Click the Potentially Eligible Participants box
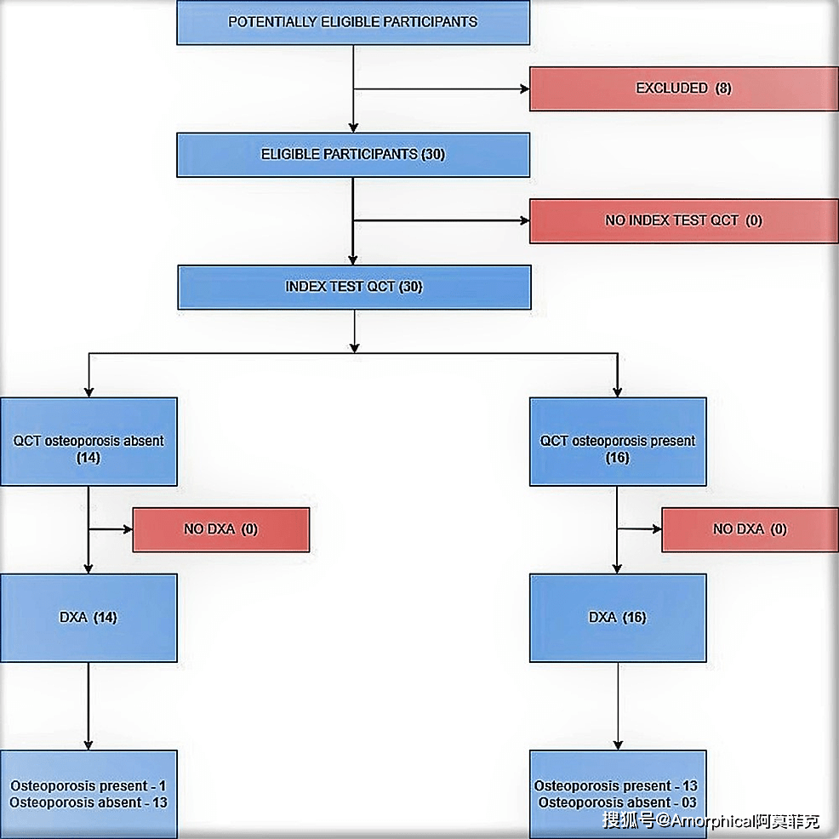pos(353,22)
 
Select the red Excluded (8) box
pos(683,88)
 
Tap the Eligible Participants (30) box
pos(353,155)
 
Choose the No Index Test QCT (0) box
pos(683,220)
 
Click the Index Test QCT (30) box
pos(354,287)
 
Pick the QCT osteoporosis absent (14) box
pos(88,442)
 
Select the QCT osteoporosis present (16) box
pos(618,442)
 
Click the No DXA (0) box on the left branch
pos(220,529)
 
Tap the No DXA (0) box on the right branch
pos(750,529)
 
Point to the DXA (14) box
pos(88,618)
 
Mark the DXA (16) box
pos(618,618)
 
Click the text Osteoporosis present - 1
pos(88,786)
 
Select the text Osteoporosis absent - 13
pos(88,802)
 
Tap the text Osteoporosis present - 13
pos(616,786)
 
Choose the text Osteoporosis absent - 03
pos(618,802)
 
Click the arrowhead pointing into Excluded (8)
pos(524,88)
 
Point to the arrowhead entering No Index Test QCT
pos(524,221)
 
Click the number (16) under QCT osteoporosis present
pos(618,458)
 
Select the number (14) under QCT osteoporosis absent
pos(88,458)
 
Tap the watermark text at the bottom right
pos(711,822)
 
